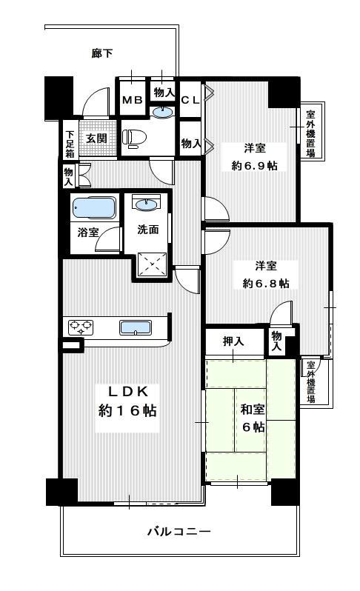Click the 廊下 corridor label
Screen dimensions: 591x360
pos(102,53)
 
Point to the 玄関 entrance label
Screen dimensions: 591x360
pos(95,138)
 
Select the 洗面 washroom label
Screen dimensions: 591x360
pos(148,230)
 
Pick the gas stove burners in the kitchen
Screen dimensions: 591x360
pos(81,326)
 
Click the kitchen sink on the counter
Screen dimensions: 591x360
pos(136,327)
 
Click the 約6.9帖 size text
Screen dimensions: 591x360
pos(254,166)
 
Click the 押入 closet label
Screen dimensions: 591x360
pos(233,341)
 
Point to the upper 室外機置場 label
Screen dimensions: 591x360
pos(310,134)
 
